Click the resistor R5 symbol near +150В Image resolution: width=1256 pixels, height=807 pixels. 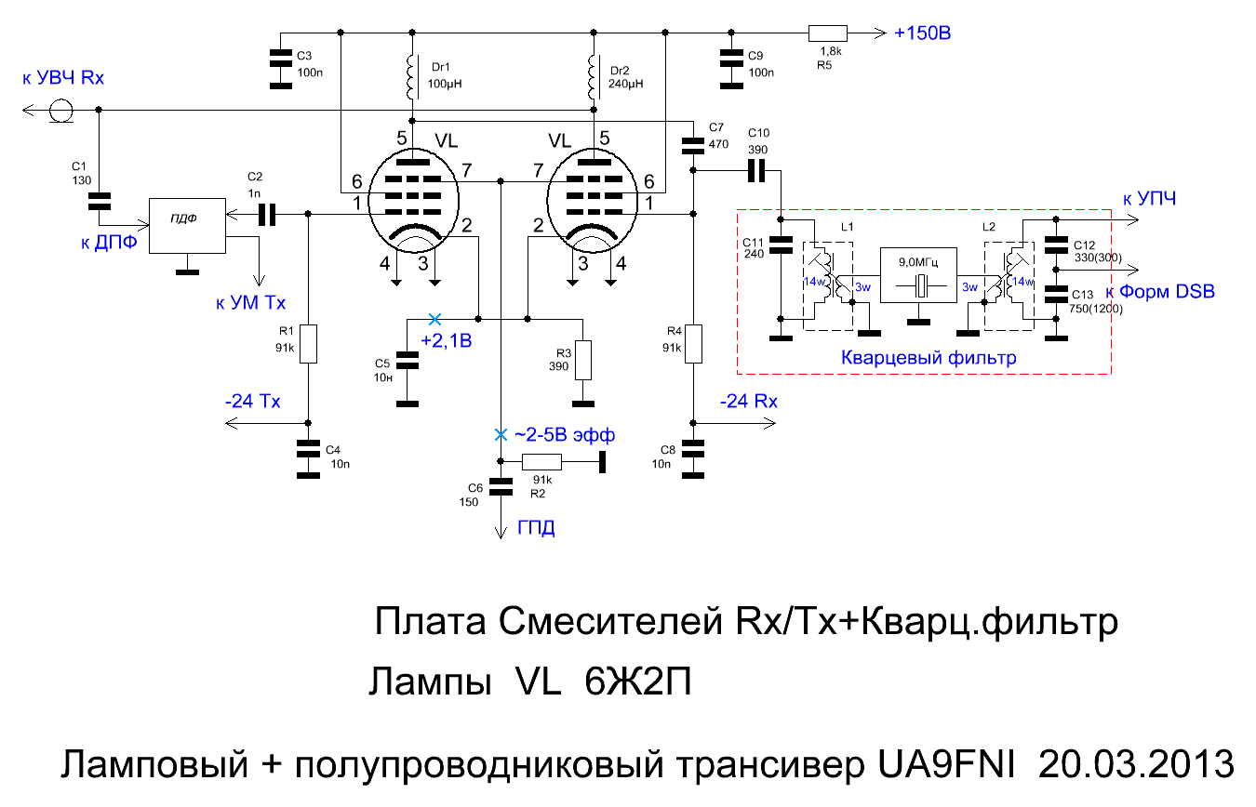826,33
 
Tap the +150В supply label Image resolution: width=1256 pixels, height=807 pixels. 922,33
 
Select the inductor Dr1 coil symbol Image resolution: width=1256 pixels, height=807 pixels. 410,78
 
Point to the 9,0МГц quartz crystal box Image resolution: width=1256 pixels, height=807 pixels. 918,275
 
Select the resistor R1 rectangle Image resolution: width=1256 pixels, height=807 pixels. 309,343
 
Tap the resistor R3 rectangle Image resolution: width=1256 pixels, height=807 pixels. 582,360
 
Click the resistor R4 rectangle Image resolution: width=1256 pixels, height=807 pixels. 693,343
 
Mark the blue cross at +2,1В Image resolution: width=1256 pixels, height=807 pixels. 432,318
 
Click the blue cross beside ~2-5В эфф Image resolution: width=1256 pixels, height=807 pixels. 501,434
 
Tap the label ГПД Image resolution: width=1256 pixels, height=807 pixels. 536,529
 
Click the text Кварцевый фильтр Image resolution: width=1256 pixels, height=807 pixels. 928,357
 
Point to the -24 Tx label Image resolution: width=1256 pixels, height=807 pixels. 252,402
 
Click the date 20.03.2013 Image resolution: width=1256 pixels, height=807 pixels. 1135,764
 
